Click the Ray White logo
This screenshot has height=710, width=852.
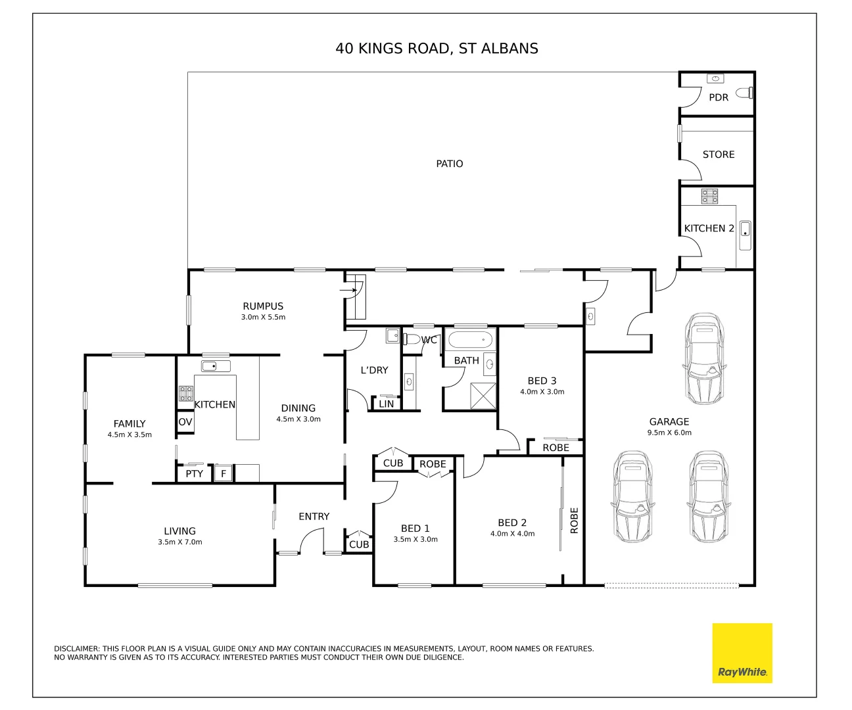tap(742, 653)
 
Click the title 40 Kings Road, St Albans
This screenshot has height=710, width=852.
tap(437, 48)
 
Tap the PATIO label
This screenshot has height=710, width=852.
tap(450, 164)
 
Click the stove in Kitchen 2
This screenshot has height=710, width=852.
tap(709, 196)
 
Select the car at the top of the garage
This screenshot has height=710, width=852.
tap(704, 358)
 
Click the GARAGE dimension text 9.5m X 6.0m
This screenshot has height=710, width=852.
tap(669, 433)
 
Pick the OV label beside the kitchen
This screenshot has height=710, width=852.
tap(185, 422)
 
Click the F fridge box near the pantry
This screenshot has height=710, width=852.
tap(224, 473)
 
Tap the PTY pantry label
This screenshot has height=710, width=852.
tap(194, 473)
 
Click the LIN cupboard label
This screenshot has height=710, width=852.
tap(387, 404)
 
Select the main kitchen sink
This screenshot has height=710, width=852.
tap(216, 366)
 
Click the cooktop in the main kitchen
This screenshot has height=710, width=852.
tap(186, 394)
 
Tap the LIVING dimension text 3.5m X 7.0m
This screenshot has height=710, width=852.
tap(180, 542)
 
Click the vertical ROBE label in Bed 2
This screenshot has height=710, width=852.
tap(574, 520)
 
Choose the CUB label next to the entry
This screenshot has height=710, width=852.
tap(359, 544)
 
